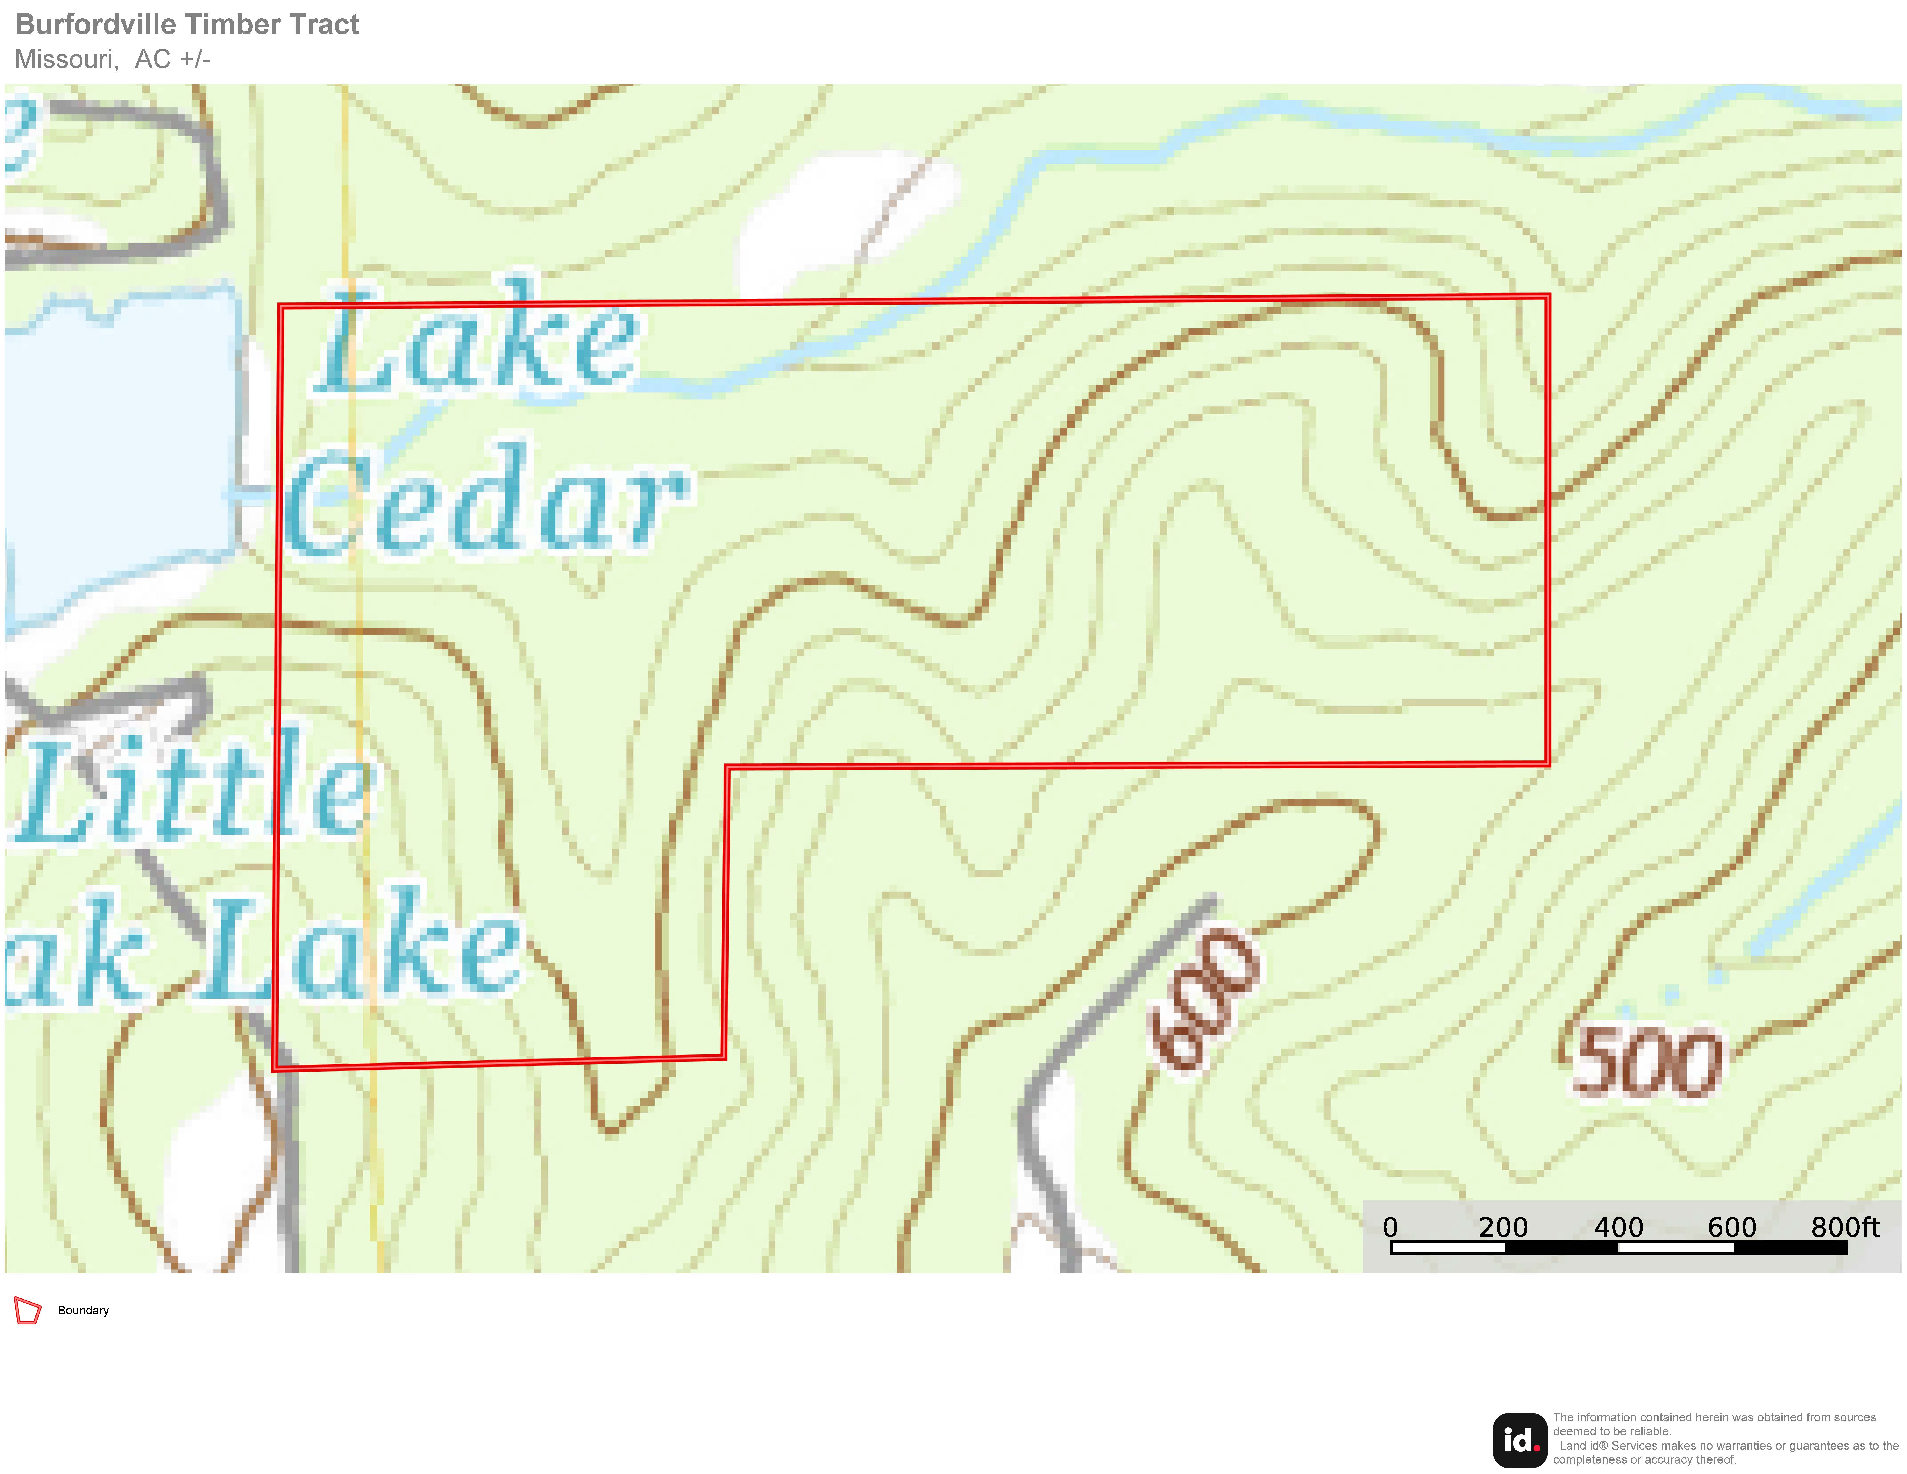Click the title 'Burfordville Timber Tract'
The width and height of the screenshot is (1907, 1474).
(x=187, y=24)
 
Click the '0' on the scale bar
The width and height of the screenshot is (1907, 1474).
(x=1390, y=1227)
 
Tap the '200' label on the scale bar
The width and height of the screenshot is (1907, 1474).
(x=1503, y=1227)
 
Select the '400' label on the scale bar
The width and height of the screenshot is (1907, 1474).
(x=1618, y=1227)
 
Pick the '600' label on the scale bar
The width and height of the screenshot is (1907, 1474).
(x=1731, y=1227)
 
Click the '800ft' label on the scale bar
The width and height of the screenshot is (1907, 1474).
(x=1844, y=1227)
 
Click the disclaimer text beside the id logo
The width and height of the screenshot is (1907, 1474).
(x=1725, y=1438)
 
